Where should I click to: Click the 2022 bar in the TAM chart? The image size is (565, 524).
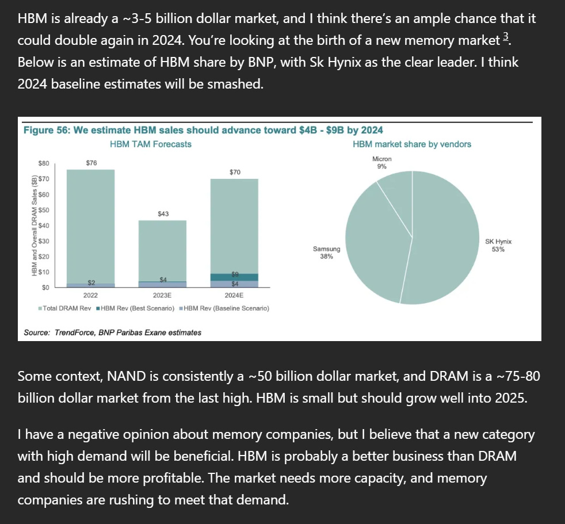click(x=91, y=224)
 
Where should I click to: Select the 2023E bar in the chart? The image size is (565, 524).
click(x=163, y=250)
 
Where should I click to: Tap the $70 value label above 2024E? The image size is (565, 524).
click(x=235, y=172)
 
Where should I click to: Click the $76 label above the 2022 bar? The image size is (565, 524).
click(x=91, y=163)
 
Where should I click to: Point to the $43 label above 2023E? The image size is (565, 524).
click(x=163, y=214)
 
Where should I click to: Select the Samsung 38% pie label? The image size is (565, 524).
click(x=326, y=253)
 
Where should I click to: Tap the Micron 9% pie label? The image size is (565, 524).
click(x=381, y=163)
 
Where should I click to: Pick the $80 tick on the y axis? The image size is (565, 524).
click(x=43, y=164)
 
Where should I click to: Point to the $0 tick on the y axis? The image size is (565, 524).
click(x=45, y=286)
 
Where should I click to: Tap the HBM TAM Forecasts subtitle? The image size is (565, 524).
click(x=151, y=144)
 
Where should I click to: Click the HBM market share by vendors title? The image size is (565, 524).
click(x=411, y=144)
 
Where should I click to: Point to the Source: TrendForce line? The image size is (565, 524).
click(x=112, y=332)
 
